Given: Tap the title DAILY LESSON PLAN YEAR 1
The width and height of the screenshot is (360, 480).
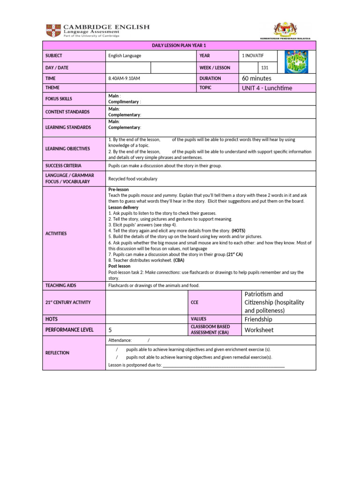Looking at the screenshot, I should point(179,45).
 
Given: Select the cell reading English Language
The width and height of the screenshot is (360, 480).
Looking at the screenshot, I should point(125,56).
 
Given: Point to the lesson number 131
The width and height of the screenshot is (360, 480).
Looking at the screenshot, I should point(265,68).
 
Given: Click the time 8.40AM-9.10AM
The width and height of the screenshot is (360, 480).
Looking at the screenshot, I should point(124,79).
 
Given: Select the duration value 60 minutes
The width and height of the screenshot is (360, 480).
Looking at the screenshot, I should point(256,78).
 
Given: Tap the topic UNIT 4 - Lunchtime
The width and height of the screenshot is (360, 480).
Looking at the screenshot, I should point(267,88).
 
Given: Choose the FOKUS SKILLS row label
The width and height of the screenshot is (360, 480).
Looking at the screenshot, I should point(59,99).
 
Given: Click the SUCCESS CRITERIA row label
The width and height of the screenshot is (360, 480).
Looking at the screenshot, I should point(63,166).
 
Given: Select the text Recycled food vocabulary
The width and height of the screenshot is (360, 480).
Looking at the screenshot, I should point(133,179).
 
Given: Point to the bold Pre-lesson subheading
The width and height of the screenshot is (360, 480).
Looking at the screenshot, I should point(118,189).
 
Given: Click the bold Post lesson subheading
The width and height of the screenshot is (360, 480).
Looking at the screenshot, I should point(119,266).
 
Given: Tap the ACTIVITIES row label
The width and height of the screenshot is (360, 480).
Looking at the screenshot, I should point(56,233).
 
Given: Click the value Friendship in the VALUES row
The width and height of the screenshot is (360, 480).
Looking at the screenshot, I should point(258,319).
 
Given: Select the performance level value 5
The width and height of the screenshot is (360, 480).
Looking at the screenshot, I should point(110,330).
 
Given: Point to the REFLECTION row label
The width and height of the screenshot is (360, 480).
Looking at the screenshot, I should point(58,353).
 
